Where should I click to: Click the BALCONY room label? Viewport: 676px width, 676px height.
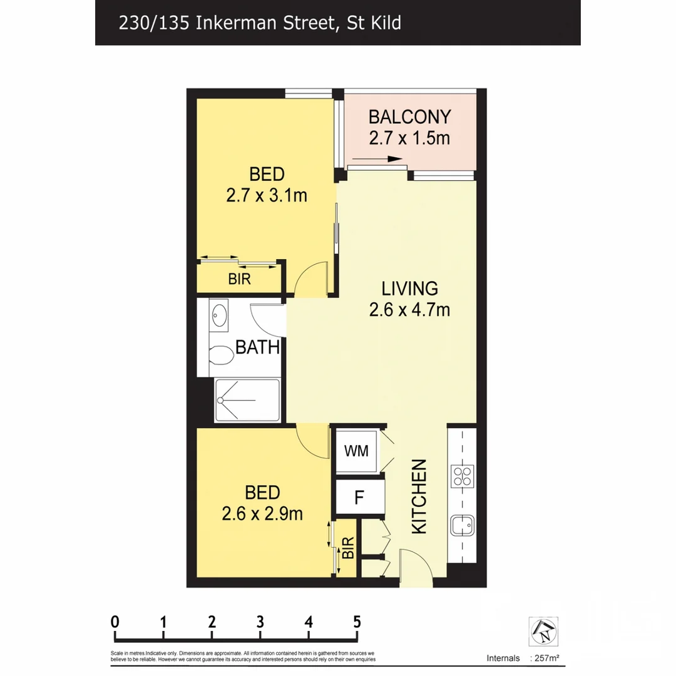click(x=409, y=117)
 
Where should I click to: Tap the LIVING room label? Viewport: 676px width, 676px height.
click(x=409, y=289)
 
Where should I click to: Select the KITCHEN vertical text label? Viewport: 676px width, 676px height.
click(x=418, y=496)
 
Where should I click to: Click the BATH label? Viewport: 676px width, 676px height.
click(x=257, y=347)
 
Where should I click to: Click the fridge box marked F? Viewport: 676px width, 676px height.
click(x=359, y=498)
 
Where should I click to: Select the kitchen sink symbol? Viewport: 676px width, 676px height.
click(x=463, y=525)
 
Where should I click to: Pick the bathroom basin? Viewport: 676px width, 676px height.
click(x=218, y=315)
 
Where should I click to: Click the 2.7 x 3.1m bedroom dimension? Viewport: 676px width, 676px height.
click(x=267, y=195)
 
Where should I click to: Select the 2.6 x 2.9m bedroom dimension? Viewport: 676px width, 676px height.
click(x=262, y=514)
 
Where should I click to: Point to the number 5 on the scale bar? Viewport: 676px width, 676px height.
click(x=357, y=622)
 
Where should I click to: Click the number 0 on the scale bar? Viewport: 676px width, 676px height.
click(x=115, y=622)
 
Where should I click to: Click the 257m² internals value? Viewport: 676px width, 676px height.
click(x=545, y=658)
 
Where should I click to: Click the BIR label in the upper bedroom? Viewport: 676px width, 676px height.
click(x=239, y=280)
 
